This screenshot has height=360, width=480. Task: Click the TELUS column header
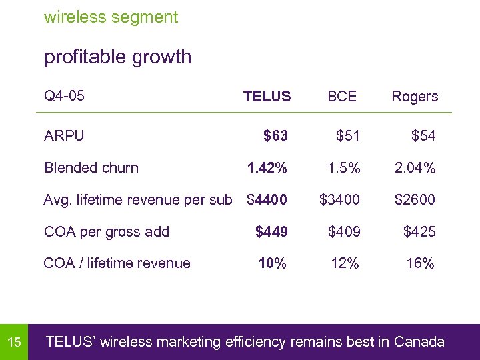[x=267, y=97]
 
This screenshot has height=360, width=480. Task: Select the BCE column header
[x=342, y=97]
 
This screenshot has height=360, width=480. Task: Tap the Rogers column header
[x=415, y=97]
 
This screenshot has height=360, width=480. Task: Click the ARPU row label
[x=64, y=136]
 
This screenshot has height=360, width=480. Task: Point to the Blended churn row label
[x=91, y=168]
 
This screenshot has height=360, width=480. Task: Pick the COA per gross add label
[x=106, y=232]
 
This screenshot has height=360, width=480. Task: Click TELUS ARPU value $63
[x=275, y=136]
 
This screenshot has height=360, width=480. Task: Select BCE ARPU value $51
[x=348, y=136]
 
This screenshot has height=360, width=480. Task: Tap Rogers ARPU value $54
[x=423, y=136]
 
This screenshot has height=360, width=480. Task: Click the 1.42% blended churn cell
[x=267, y=168]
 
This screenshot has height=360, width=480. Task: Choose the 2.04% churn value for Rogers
[x=415, y=168]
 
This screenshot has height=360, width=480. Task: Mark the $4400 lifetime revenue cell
[x=267, y=199]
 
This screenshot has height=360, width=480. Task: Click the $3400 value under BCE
[x=339, y=199]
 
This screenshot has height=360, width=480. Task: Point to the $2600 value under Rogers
[x=415, y=199]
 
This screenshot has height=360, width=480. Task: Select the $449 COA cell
[x=272, y=232]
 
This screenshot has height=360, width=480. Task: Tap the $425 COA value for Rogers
[x=419, y=232]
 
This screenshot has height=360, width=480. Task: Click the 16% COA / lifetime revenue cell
[x=421, y=263]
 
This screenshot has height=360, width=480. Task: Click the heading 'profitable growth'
[x=117, y=57]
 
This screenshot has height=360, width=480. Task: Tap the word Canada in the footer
[x=419, y=343]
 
